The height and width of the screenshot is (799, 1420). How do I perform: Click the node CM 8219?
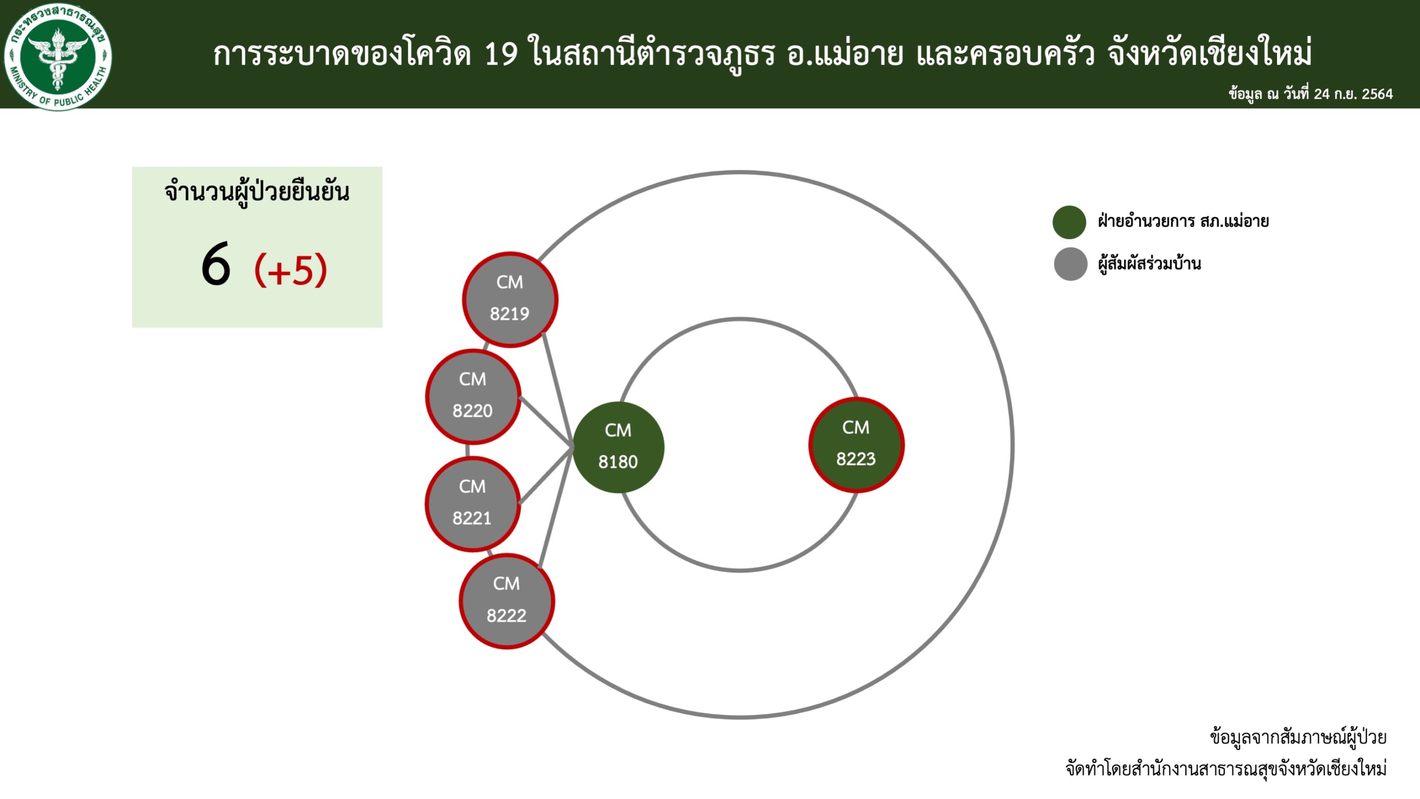pyautogui.click(x=510, y=300)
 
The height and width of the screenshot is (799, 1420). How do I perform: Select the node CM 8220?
pyautogui.click(x=473, y=396)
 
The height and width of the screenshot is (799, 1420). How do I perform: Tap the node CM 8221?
pyautogui.click(x=473, y=504)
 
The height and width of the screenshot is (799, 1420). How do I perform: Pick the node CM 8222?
pyautogui.click(x=506, y=601)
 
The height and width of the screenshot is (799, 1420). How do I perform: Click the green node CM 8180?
pyautogui.click(x=618, y=447)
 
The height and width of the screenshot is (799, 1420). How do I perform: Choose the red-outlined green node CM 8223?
pyautogui.click(x=856, y=444)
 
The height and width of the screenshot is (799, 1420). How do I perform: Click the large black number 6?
pyautogui.click(x=216, y=265)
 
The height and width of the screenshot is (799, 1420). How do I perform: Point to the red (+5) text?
pyautogui.click(x=291, y=269)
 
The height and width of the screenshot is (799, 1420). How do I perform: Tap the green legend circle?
pyautogui.click(x=1070, y=222)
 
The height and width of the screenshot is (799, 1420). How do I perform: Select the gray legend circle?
pyautogui.click(x=1071, y=264)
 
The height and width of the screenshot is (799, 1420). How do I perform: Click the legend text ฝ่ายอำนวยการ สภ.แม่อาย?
pyautogui.click(x=1183, y=221)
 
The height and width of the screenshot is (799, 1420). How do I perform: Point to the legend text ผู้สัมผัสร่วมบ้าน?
pyautogui.click(x=1149, y=264)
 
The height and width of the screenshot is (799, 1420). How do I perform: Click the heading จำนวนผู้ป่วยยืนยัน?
pyautogui.click(x=257, y=192)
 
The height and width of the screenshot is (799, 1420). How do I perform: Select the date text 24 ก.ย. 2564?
pyautogui.click(x=1353, y=94)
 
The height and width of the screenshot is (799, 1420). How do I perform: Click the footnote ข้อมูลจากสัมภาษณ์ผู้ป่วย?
pyautogui.click(x=1298, y=737)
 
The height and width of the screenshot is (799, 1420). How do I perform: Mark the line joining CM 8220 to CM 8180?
pyautogui.click(x=546, y=422)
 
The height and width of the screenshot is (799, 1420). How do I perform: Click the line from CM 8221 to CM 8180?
pyautogui.click(x=546, y=475)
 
